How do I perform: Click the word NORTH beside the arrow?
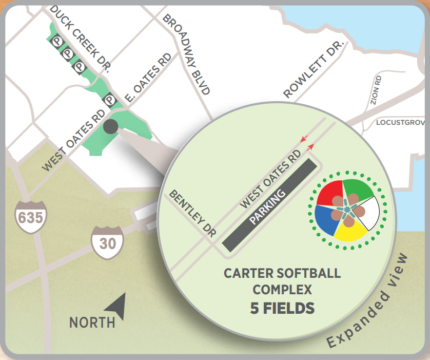(x=92, y=323)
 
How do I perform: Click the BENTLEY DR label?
(x=194, y=212)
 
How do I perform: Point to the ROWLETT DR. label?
(x=313, y=71)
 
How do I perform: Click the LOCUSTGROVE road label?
(x=401, y=123)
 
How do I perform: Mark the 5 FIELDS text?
(x=282, y=308)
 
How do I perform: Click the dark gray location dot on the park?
(x=111, y=126)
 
